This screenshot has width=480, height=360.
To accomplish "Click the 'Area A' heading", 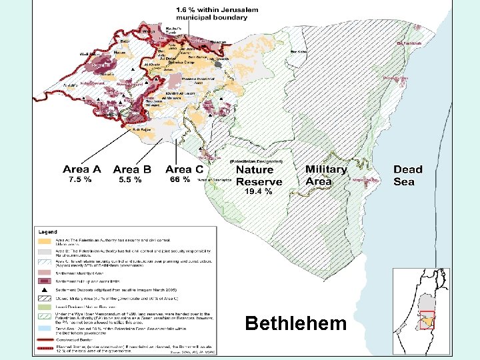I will [x=82, y=170].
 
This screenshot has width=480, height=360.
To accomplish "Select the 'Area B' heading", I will [x=132, y=170].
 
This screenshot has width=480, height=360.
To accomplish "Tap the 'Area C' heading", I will [x=184, y=170].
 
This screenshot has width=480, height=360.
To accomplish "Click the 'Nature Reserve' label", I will [x=259, y=176].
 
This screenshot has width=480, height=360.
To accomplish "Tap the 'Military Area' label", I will [x=326, y=175].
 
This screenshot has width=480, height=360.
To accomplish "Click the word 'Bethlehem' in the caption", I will [x=295, y=324].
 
